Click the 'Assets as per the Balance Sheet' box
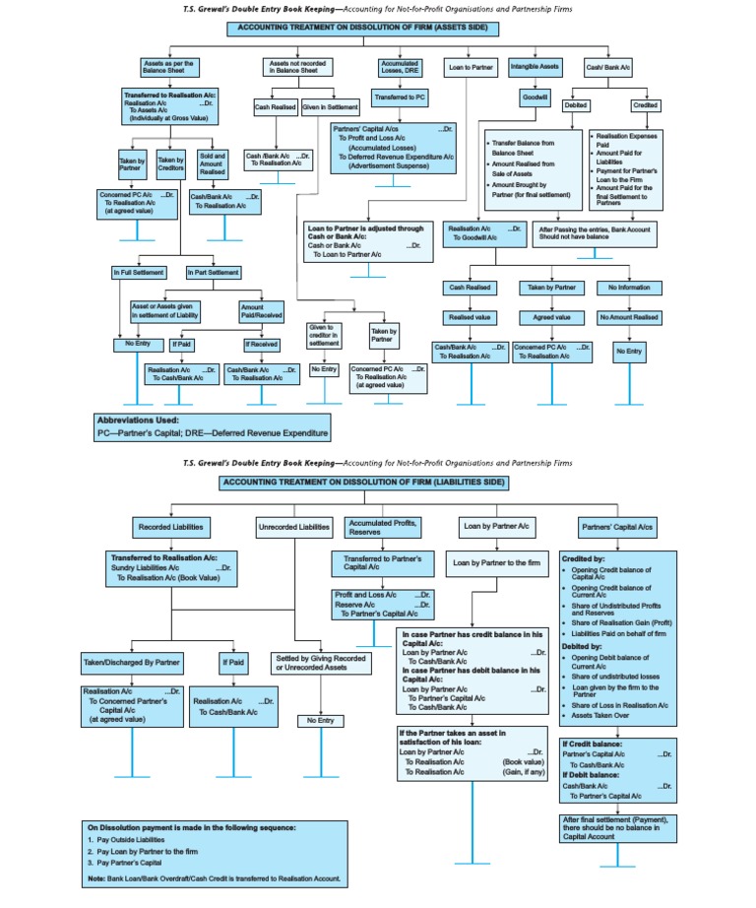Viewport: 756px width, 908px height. point(168,67)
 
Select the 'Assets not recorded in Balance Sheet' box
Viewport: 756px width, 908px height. point(293,67)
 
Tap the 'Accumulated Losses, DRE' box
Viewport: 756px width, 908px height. point(399,67)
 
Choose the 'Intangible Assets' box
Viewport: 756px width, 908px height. point(535,67)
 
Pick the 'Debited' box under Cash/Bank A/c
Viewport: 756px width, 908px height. point(576,104)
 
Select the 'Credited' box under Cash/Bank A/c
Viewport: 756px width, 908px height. point(646,104)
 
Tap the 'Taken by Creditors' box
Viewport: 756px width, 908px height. point(171,164)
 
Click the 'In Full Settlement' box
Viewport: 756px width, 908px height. point(136,272)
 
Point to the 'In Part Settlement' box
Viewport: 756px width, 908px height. point(213,272)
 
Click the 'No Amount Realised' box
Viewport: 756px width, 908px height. point(630,318)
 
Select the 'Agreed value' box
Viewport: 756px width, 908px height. point(551,318)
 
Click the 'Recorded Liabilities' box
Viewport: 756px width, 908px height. point(172,528)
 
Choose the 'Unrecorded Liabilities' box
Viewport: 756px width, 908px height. point(293,528)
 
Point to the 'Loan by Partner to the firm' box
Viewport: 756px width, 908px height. point(495,564)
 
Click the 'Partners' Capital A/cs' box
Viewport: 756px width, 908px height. point(617,528)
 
